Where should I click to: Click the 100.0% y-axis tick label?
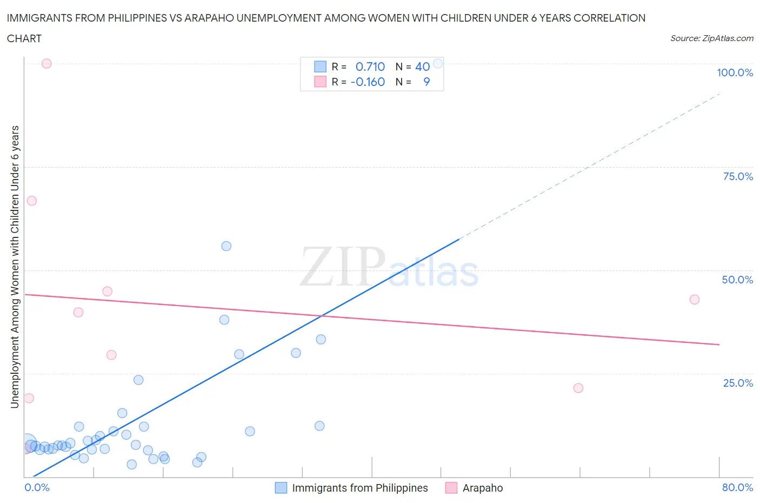pos(735,72)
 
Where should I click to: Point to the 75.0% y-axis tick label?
pos(738,176)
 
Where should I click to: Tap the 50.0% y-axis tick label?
pos(737,280)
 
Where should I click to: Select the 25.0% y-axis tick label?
pos(738,383)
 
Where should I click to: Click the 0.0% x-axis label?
pos(37,487)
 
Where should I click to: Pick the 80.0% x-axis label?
pos(737,487)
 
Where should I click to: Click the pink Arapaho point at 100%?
pos(46,63)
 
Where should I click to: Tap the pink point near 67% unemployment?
pos(31,201)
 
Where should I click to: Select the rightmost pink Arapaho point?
pos(695,300)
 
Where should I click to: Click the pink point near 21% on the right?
pos(578,388)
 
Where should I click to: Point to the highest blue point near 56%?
pos(226,246)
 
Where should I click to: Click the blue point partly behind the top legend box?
pos(438,63)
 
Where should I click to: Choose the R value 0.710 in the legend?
pos(370,67)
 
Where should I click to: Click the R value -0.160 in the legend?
pos(368,82)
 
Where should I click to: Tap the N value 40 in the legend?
pos(422,67)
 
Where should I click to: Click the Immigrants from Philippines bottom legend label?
pos(360,488)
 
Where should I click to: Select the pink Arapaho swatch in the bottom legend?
pos(451,488)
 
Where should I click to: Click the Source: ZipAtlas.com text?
pos(712,38)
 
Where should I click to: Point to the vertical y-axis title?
pos(15,267)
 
